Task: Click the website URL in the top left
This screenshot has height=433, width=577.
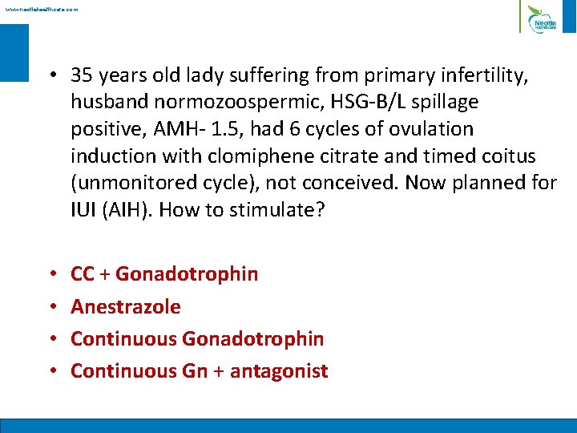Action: click(x=41, y=10)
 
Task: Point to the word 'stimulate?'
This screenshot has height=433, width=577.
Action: click(x=275, y=208)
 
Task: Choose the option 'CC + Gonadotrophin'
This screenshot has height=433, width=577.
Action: click(x=164, y=274)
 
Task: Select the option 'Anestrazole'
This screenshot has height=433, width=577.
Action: click(x=126, y=306)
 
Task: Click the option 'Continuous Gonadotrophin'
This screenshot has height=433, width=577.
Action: click(x=197, y=338)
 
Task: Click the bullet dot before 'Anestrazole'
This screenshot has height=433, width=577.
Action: click(x=50, y=307)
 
